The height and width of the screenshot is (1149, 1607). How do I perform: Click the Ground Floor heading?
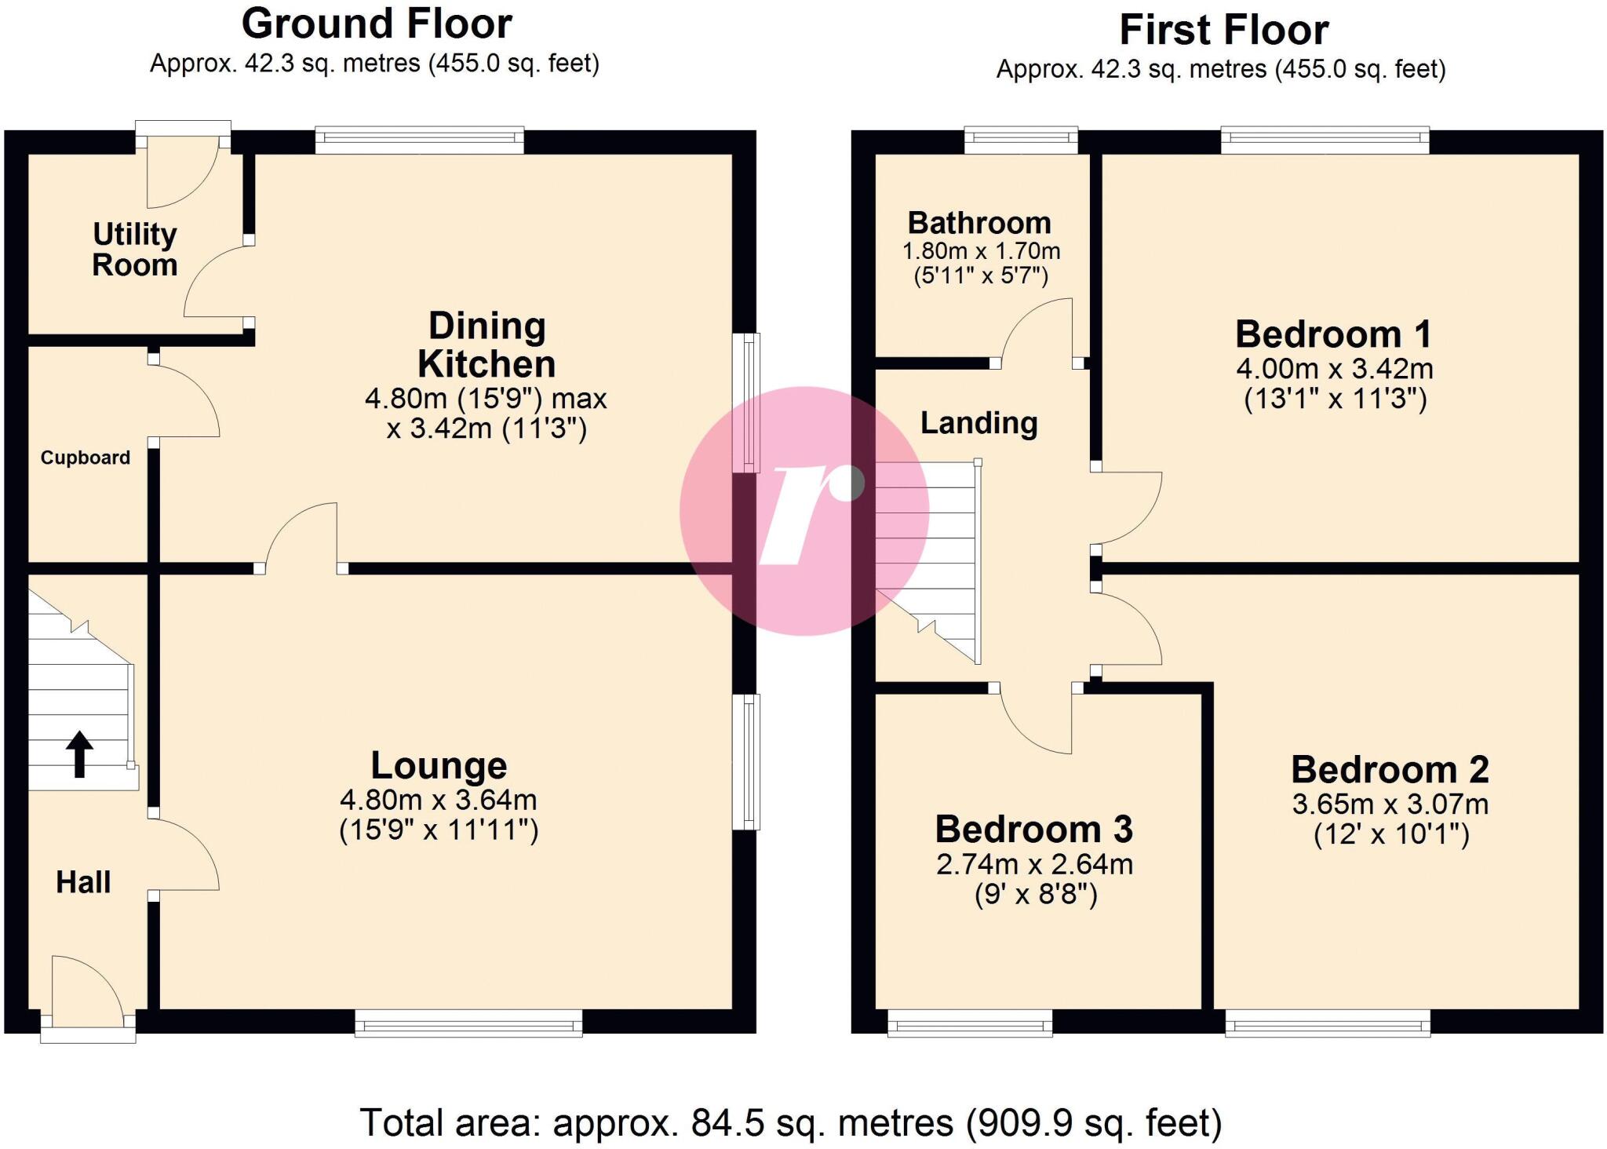click(x=377, y=24)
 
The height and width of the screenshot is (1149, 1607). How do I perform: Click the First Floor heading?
click(x=1223, y=31)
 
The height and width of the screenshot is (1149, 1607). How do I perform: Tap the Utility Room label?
click(x=135, y=250)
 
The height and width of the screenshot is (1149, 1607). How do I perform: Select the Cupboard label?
click(x=86, y=458)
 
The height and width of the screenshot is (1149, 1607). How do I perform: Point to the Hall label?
click(x=83, y=882)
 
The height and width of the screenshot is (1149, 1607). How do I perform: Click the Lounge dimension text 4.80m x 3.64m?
click(x=439, y=800)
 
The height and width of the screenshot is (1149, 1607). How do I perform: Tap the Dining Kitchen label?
click(x=486, y=345)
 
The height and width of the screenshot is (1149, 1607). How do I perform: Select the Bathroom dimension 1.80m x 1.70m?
click(x=981, y=252)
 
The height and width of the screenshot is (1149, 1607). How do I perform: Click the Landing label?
click(x=978, y=423)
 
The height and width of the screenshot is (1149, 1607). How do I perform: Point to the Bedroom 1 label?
click(x=1333, y=334)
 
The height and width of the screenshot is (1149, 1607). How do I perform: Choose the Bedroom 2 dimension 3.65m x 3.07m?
click(x=1390, y=804)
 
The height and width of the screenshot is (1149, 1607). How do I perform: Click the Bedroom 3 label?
click(x=1033, y=830)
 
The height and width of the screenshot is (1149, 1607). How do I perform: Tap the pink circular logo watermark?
click(x=804, y=511)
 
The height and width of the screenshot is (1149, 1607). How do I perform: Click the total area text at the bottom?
click(x=791, y=1122)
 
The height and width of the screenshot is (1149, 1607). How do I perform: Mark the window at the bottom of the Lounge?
click(x=468, y=1023)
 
